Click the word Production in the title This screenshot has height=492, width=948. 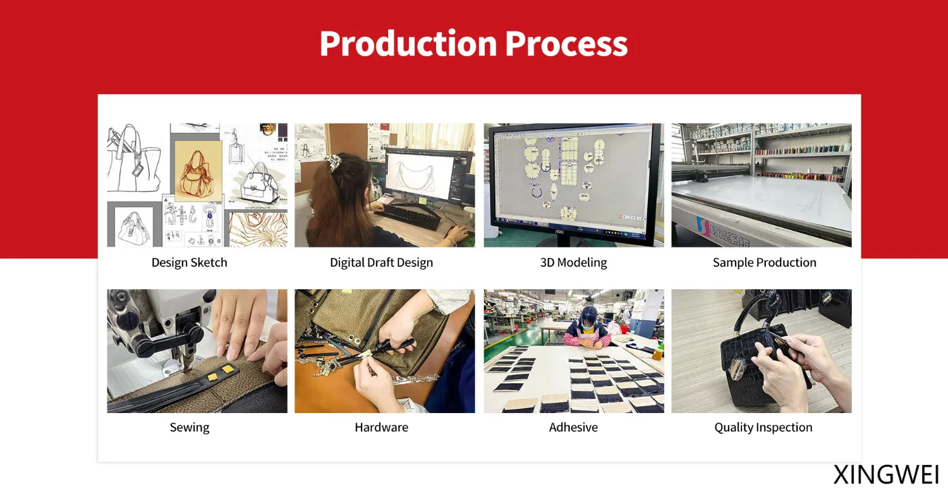[x=408, y=43]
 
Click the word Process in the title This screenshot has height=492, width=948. [x=566, y=44]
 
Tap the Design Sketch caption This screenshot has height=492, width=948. [x=189, y=262]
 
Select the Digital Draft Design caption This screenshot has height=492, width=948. [x=381, y=262]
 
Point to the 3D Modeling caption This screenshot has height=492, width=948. [x=573, y=262]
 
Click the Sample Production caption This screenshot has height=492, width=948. [x=764, y=262]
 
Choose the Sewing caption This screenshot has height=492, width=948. [x=189, y=428]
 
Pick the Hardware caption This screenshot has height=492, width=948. [x=381, y=428]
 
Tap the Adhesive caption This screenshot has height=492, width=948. [x=573, y=428]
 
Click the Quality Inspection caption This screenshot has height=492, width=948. [x=763, y=428]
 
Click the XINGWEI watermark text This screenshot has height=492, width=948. [x=886, y=475]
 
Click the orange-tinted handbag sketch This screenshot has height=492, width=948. [x=198, y=171]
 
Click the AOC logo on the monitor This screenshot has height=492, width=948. [x=559, y=232]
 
